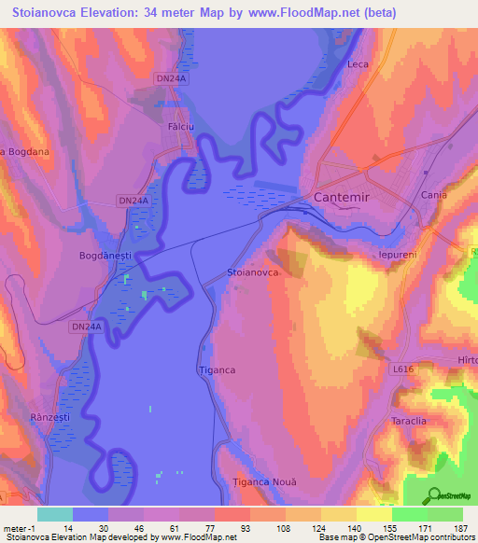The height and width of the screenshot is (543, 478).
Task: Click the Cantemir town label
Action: (x=342, y=198)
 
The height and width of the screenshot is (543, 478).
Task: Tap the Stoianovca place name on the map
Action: (x=253, y=272)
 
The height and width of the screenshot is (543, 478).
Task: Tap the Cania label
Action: (x=434, y=195)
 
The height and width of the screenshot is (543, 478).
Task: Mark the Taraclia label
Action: (x=409, y=421)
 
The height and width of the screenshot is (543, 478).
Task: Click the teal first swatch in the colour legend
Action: (x=54, y=514)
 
